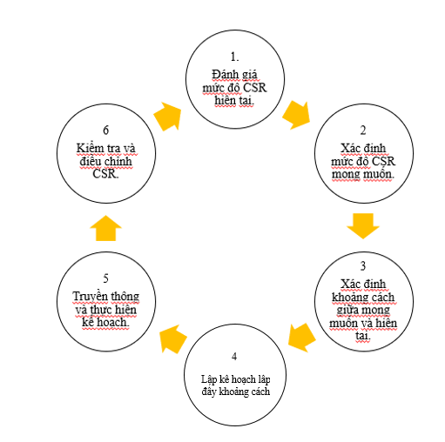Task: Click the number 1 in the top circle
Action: tap(234, 57)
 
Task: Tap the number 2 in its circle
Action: tap(363, 131)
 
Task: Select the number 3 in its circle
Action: tap(363, 265)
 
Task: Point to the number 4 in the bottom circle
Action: tap(234, 356)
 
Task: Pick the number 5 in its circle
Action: tap(105, 278)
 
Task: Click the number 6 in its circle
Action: tap(106, 131)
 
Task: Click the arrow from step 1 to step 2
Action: tap(296, 115)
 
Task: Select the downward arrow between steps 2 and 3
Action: tap(363, 226)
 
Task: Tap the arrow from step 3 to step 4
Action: tap(302, 338)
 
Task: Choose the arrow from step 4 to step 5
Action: tap(173, 339)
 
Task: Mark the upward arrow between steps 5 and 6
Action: tap(105, 228)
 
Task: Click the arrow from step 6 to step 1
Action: tap(167, 117)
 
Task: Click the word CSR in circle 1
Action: tap(254, 88)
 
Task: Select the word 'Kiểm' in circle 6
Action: tap(90, 148)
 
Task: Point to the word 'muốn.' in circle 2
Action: tap(378, 174)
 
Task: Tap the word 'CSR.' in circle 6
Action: tap(105, 174)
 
